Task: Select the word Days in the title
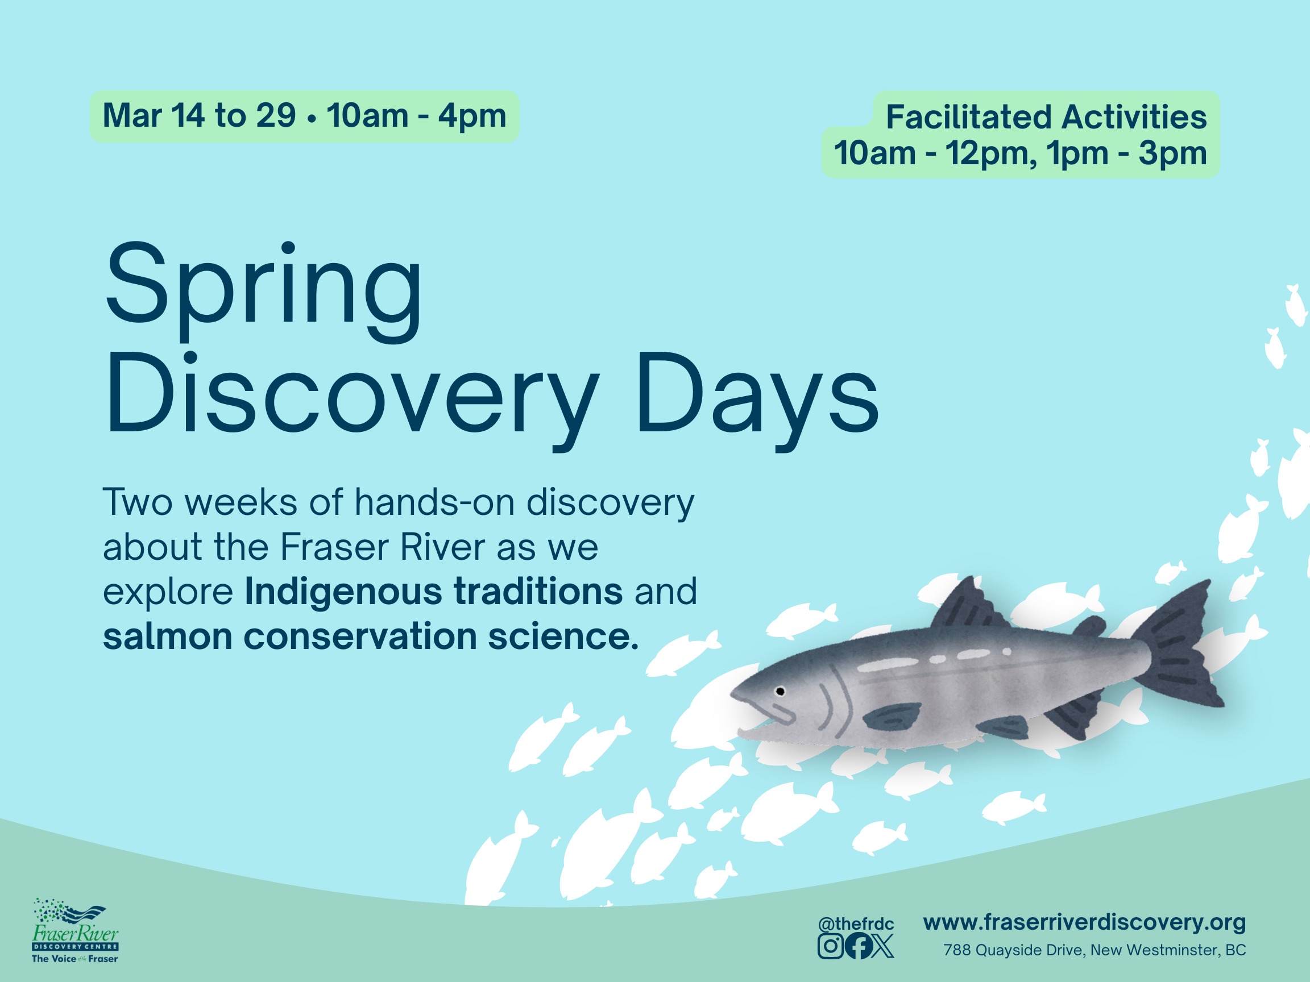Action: click(757, 400)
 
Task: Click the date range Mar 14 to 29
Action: click(200, 115)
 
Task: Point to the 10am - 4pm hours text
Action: click(416, 116)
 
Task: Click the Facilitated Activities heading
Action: click(1046, 116)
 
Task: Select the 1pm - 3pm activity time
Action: click(1126, 154)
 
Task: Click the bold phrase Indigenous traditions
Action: click(433, 593)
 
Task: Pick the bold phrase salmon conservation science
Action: click(371, 636)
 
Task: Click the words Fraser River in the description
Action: click(383, 546)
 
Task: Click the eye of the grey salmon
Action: click(780, 691)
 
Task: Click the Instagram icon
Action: click(830, 946)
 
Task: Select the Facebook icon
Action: click(857, 946)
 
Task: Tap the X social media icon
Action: click(882, 946)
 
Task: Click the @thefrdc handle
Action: click(856, 923)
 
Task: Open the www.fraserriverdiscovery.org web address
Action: click(1084, 922)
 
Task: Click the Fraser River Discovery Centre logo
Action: click(75, 930)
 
